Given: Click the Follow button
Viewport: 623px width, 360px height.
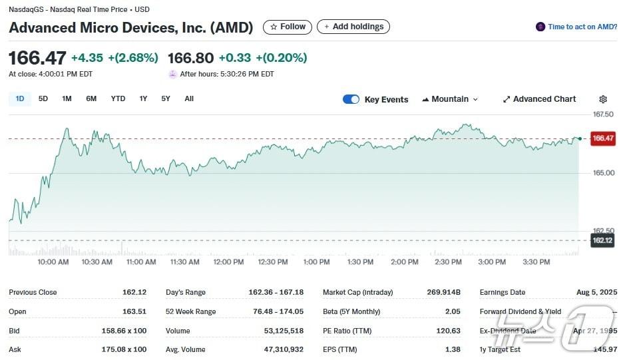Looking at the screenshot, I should [288, 27].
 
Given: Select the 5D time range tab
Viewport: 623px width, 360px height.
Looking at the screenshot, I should [43, 99].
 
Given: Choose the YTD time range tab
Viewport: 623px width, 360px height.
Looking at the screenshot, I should [118, 99].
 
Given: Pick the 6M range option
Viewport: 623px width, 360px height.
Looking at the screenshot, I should [91, 99].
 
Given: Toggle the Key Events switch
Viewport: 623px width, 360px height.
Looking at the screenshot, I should [351, 100].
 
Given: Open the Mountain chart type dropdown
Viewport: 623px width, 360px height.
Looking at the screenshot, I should [450, 99].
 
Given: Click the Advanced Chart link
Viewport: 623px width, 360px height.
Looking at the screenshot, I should [539, 99].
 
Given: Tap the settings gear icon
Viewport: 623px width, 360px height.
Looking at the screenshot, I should [603, 99].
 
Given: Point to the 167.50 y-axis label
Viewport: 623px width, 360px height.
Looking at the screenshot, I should [603, 114].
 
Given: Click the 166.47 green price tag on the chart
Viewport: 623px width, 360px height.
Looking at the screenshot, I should [603, 138].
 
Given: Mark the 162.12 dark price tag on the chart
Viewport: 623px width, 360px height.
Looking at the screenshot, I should [602, 240].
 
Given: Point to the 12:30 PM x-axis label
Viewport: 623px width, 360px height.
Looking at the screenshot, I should [272, 262].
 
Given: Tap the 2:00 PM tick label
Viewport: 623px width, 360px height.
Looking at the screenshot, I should [404, 262].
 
